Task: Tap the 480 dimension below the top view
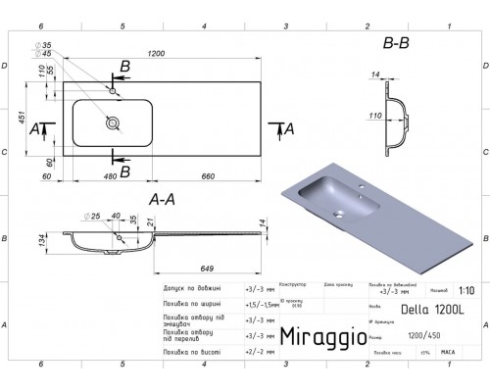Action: click(121, 176)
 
